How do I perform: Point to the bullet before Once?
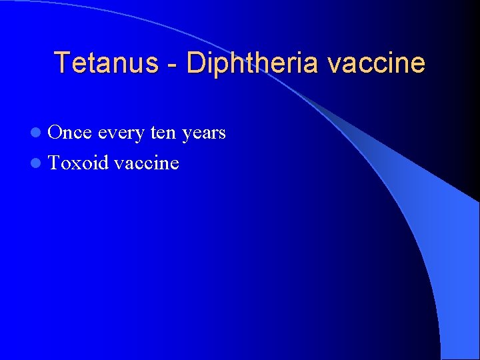coord(41,133)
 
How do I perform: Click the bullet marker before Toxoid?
coord(41,163)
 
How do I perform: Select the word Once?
coord(70,133)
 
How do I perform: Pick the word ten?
coord(163,133)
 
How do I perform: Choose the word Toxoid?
coord(79,163)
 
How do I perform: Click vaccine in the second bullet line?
coord(147,163)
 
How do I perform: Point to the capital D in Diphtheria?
coord(195,63)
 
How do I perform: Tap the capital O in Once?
coord(55,133)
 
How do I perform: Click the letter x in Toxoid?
coord(77,164)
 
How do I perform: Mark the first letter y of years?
coord(187,135)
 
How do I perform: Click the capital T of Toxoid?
coord(54,163)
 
